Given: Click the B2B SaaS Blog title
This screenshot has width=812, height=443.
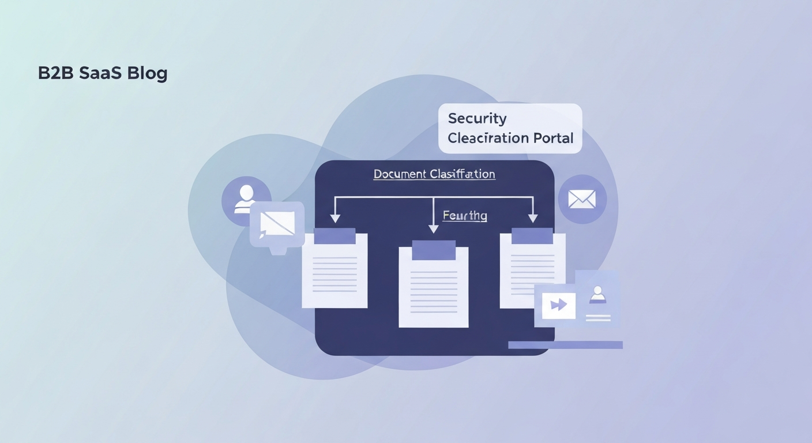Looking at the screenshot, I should click(103, 74).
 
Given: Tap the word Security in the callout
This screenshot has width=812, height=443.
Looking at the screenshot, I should click(477, 119).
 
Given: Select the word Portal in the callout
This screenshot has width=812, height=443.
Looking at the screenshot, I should click(553, 138).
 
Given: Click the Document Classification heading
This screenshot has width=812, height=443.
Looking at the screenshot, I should click(434, 174).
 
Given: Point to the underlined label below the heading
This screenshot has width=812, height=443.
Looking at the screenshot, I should click(465, 216).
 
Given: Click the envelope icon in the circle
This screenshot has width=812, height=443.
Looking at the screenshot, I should click(582, 199).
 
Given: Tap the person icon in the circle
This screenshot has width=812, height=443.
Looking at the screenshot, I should click(246, 198).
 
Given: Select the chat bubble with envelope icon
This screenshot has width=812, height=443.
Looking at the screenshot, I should click(277, 224).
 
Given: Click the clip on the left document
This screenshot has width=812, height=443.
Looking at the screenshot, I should click(334, 236).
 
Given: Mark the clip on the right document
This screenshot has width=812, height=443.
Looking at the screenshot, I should click(532, 235).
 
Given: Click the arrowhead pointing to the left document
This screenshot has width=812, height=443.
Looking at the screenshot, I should click(334, 219).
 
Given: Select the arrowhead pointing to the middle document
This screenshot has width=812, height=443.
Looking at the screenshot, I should click(434, 228).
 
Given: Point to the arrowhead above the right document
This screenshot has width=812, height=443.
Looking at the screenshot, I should click(533, 218).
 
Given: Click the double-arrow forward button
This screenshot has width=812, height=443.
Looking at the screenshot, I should click(558, 305).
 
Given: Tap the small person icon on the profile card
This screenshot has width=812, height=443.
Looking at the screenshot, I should click(597, 294).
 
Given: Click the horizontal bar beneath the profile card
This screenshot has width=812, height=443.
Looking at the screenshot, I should click(565, 345).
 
